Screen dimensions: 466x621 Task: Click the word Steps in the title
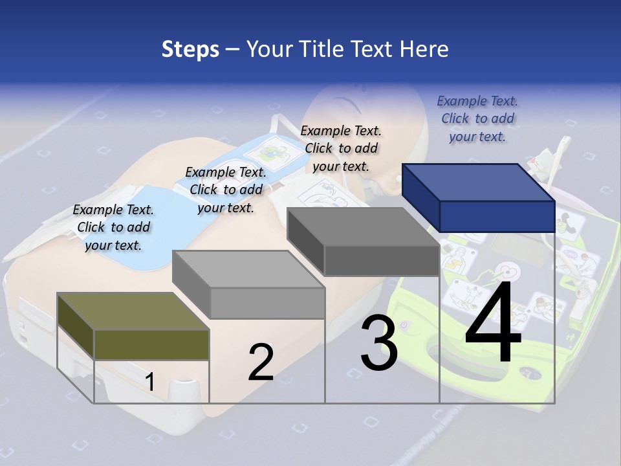point(190,49)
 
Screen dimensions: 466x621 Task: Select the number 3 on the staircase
point(378,344)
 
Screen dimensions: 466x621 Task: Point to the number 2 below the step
point(261,362)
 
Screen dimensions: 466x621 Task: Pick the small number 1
point(150,382)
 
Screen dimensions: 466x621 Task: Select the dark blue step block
point(479,197)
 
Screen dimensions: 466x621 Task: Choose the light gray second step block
point(249,285)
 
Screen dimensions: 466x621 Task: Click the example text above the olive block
point(113,227)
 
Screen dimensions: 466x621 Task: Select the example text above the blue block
point(477,118)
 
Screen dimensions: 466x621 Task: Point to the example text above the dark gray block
point(341,148)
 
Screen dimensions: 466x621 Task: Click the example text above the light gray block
point(226,190)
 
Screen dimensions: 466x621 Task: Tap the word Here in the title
point(424,49)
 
